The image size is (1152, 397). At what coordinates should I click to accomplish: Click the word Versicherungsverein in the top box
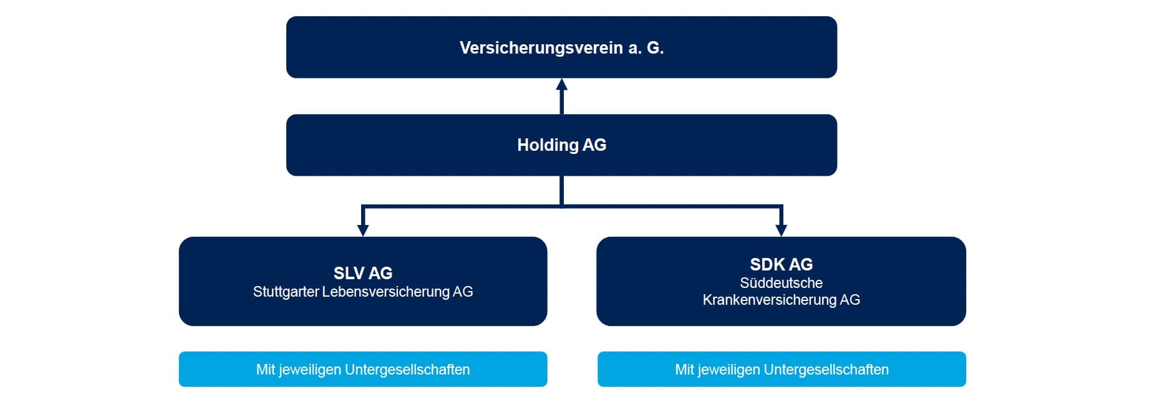pyautogui.click(x=541, y=48)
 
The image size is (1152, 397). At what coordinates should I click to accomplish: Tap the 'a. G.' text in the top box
pyautogui.click(x=646, y=48)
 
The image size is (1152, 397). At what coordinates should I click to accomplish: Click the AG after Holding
pyautogui.click(x=594, y=145)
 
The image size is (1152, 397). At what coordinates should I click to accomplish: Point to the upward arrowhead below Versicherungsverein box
pyautogui.click(x=562, y=85)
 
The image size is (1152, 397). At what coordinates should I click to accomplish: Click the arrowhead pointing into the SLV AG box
pyautogui.click(x=363, y=230)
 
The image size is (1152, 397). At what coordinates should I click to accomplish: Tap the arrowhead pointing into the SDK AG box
pyautogui.click(x=781, y=230)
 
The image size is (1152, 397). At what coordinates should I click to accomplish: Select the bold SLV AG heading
pyautogui.click(x=363, y=273)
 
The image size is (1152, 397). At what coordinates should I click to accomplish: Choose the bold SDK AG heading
pyautogui.click(x=781, y=264)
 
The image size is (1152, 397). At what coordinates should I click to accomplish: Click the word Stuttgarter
pyautogui.click(x=286, y=292)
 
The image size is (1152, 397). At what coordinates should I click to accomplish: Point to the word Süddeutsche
pyautogui.click(x=781, y=283)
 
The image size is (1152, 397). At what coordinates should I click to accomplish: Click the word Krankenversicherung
pyautogui.click(x=769, y=300)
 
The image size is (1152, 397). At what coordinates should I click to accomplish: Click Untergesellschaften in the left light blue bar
pyautogui.click(x=407, y=370)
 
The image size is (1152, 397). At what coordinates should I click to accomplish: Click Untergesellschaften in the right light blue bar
pyautogui.click(x=826, y=370)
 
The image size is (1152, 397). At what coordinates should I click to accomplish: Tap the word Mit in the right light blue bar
pyautogui.click(x=684, y=370)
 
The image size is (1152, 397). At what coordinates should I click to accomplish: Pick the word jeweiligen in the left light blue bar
pyautogui.click(x=309, y=370)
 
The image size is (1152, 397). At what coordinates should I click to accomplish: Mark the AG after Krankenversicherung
pyautogui.click(x=849, y=300)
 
